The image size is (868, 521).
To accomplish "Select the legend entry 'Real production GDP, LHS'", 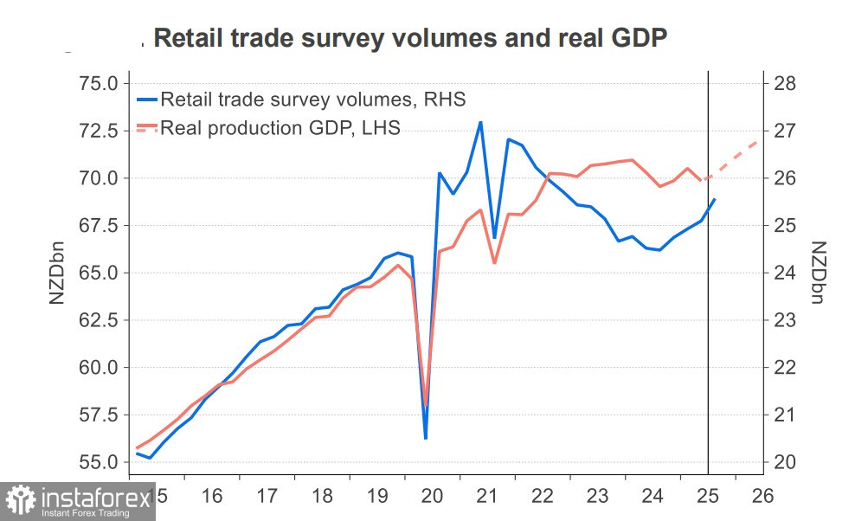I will point(280,129).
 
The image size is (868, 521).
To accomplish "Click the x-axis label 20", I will point(432,497).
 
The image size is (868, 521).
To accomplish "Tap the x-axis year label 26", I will point(762,497).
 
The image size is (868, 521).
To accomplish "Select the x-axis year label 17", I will point(267,497).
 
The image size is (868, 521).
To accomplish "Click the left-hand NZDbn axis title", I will point(57,273).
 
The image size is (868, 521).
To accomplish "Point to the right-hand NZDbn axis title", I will point(819,273).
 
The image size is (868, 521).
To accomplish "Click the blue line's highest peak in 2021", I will point(480,122).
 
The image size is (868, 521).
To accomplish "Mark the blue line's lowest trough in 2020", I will point(425,438).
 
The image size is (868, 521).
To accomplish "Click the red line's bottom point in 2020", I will point(425,407).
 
